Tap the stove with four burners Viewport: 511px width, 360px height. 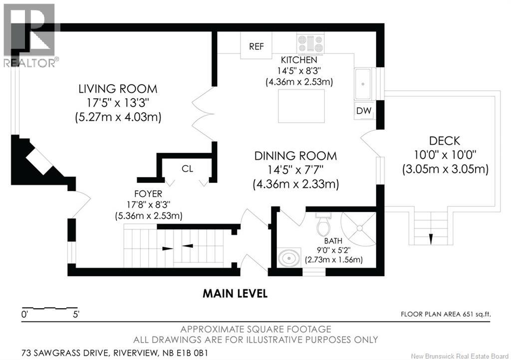[310, 43]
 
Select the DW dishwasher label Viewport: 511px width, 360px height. [364, 111]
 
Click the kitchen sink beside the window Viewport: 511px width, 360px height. [363, 84]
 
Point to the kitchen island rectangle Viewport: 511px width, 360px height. [301, 106]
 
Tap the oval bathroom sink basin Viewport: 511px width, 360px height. [289, 259]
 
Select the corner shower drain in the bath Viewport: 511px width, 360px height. [359, 228]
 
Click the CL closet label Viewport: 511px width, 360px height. [188, 169]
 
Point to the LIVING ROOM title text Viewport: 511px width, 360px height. [118, 89]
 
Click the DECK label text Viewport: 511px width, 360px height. [445, 141]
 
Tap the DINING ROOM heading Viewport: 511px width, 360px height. [295, 156]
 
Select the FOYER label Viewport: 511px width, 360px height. [148, 194]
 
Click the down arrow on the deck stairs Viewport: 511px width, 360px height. [431, 239]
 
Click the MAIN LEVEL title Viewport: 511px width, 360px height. [236, 294]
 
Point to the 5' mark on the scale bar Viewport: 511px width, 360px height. [76, 315]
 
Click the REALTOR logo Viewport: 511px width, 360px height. [29, 35]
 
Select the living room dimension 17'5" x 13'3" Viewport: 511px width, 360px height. [118, 103]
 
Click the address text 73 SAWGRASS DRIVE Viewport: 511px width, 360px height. [66, 353]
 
